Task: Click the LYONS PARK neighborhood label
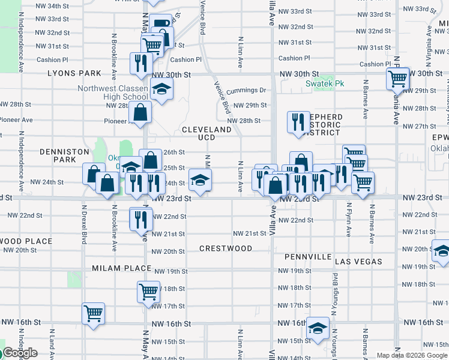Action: [x=75, y=73]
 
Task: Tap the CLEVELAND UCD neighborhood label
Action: [x=206, y=133]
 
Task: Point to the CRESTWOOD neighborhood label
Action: [x=226, y=248]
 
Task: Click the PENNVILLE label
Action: [x=307, y=257]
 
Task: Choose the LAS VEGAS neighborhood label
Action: [x=358, y=262]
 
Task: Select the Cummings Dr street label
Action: [x=246, y=91]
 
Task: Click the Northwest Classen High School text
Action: [x=112, y=92]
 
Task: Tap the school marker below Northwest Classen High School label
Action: [x=160, y=90]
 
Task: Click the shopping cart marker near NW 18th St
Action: [x=148, y=292]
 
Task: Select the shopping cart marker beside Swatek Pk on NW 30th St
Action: [x=397, y=78]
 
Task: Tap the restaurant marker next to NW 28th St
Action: [x=298, y=122]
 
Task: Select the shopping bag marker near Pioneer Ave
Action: [x=140, y=112]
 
